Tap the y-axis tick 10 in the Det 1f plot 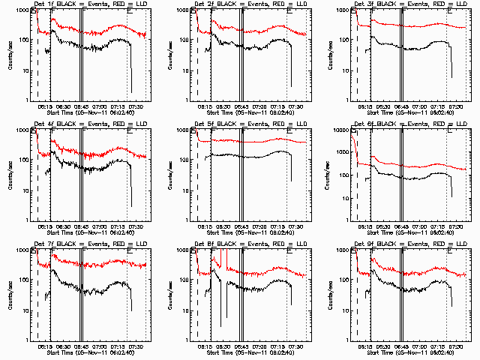(x=22, y=70)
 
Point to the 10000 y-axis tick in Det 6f (x=339, y=130)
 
